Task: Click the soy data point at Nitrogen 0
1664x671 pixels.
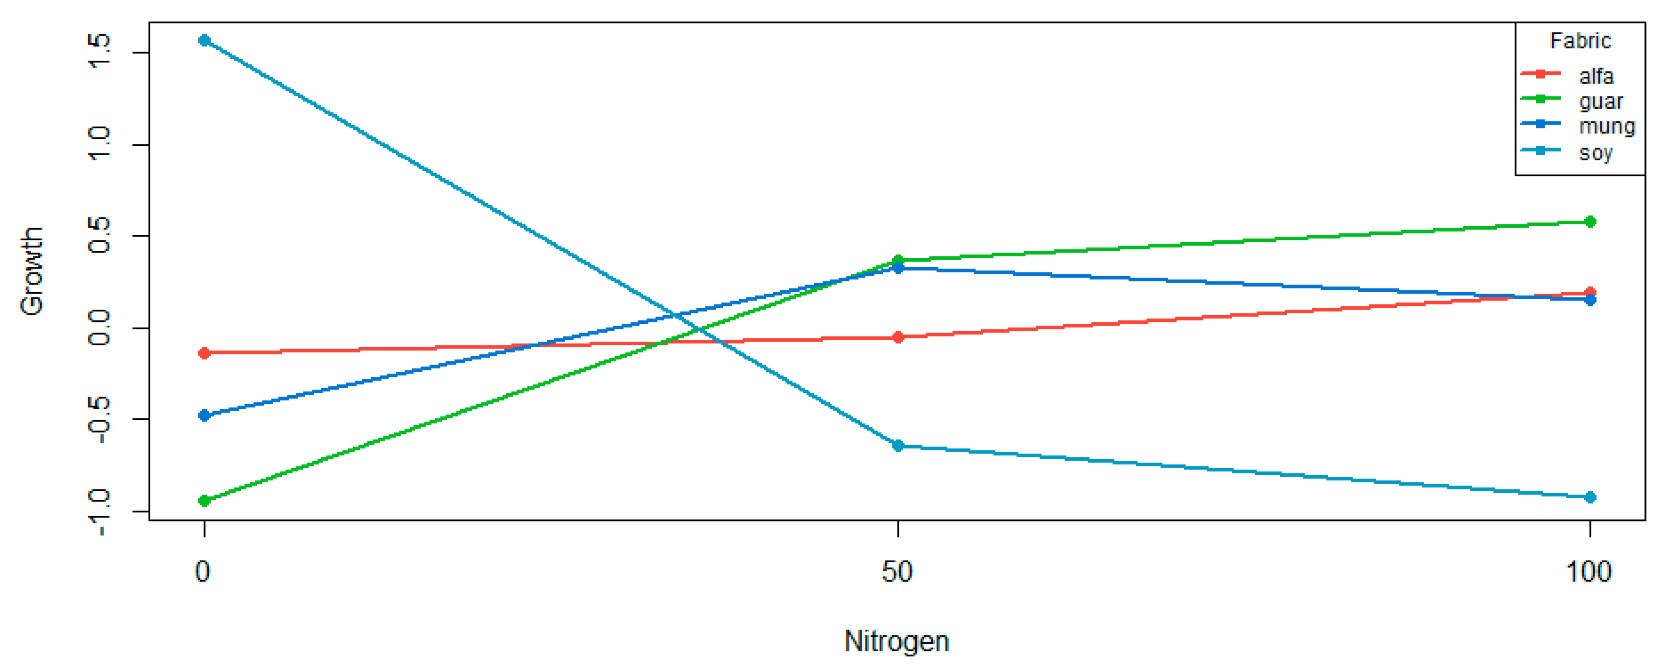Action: (x=204, y=41)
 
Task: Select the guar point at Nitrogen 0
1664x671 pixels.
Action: (x=204, y=501)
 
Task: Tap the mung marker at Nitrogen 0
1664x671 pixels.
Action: (x=204, y=415)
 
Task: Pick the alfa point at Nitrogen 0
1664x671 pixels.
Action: (x=204, y=353)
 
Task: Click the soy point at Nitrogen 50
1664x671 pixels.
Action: (x=897, y=446)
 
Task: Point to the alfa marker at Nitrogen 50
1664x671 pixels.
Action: (x=897, y=337)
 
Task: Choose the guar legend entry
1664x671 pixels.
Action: (x=1600, y=101)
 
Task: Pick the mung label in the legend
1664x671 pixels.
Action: (x=1606, y=127)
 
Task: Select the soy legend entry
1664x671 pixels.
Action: (x=1595, y=153)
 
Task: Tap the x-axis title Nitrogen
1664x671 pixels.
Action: (x=896, y=641)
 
